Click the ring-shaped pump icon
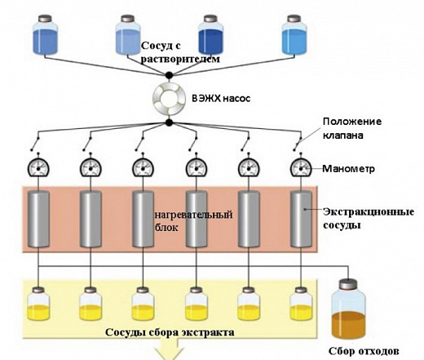tap(168, 98)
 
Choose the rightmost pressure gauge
tap(301, 168)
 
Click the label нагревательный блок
tap(186, 223)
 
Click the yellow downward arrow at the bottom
tap(169, 351)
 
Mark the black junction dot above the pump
tap(168, 75)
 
